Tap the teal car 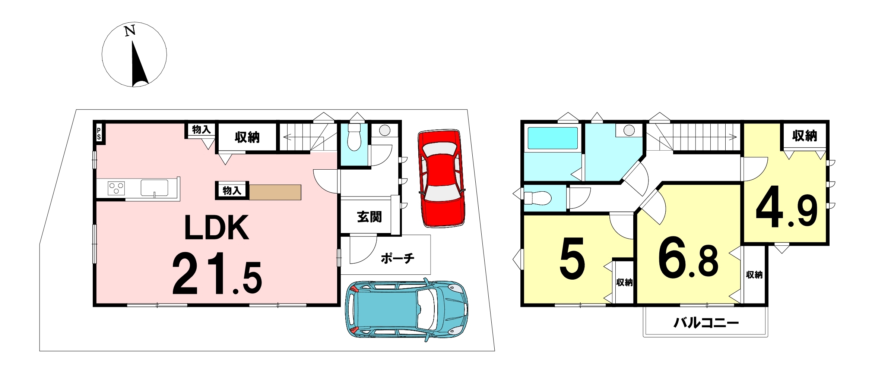click(406, 309)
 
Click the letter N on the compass click(130, 31)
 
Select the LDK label click(217, 227)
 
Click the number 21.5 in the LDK click(217, 274)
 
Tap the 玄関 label click(369, 217)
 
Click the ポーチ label click(397, 258)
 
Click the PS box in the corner click(99, 133)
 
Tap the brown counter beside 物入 click(275, 192)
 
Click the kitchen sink click(154, 188)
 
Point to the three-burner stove click(116, 188)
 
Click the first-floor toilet click(354, 137)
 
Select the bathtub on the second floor click(553, 138)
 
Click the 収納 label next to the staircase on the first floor click(247, 138)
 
